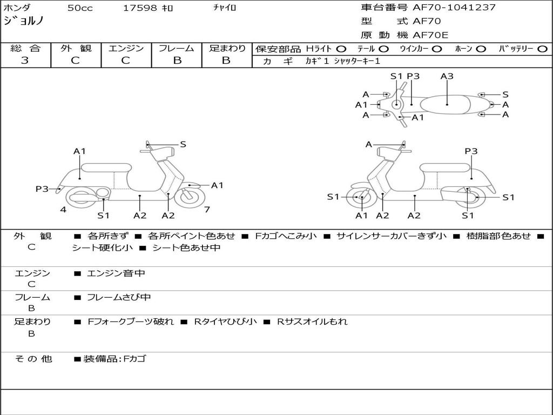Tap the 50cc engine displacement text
(80, 8)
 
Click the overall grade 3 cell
(25, 61)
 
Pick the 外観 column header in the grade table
(76, 49)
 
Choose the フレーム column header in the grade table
(177, 49)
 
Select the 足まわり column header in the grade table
(227, 49)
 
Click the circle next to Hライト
(341, 49)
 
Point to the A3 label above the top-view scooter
(447, 76)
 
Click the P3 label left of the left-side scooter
(42, 189)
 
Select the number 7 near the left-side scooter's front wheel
(207, 209)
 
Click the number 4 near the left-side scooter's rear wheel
(63, 209)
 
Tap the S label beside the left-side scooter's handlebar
(183, 144)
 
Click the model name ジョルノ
(24, 22)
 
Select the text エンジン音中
(116, 273)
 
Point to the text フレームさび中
(119, 297)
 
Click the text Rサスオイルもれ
(312, 322)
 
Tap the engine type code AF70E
(430, 36)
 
